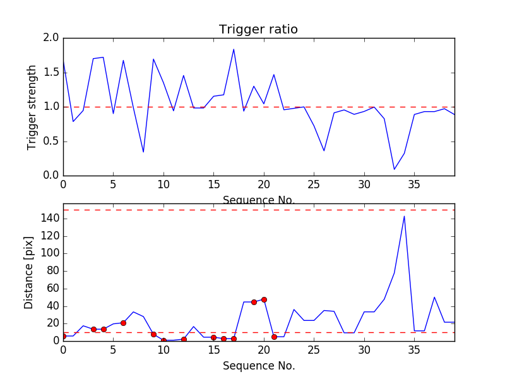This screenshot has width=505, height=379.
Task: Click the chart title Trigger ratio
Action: (258, 30)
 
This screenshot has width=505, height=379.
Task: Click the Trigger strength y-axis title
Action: (32, 107)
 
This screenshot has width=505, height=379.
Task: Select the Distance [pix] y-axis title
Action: (29, 272)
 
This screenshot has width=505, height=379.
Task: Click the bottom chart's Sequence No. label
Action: (259, 366)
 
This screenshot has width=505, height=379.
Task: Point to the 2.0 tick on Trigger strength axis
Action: (51, 38)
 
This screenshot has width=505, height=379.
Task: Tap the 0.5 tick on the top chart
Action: (51, 141)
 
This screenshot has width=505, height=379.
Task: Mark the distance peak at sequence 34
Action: (404, 216)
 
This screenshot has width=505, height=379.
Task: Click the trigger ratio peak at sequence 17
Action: (234, 49)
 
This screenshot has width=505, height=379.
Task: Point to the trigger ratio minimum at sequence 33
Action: (394, 169)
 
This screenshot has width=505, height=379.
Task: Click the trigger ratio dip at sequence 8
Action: (143, 152)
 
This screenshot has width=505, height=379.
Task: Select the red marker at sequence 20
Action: (264, 299)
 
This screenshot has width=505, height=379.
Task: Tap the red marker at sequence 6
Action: (123, 323)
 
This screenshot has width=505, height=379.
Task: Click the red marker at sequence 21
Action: (274, 337)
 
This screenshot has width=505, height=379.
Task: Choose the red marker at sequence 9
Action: (153, 334)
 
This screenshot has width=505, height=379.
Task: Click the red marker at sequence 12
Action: (184, 339)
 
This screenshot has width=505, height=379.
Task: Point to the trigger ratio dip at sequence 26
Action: (324, 150)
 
